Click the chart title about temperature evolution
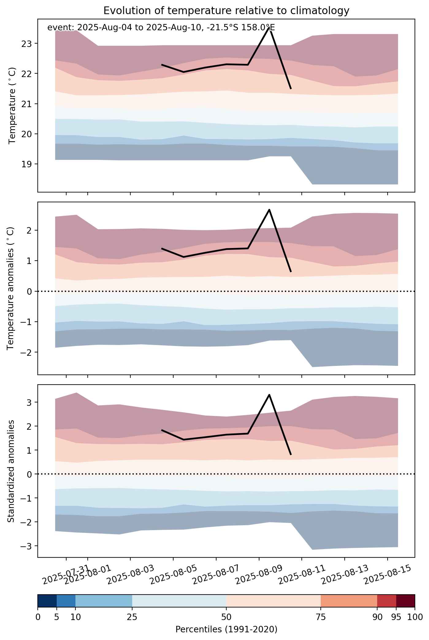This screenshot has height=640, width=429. tap(226, 11)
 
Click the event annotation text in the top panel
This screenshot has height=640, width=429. tap(161, 28)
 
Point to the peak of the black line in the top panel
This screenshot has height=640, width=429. tap(269, 28)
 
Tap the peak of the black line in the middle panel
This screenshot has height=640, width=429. tap(269, 210)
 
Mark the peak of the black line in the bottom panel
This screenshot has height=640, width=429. tap(269, 395)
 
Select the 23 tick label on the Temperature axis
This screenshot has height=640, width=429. tap(27, 44)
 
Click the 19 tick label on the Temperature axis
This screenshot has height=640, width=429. tap(27, 164)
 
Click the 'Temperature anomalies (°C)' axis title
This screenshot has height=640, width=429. tap(11, 288)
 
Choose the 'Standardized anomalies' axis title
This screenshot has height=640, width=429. tap(11, 471)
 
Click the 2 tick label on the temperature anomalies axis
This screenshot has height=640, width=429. tap(30, 231)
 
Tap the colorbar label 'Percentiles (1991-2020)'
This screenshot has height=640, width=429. tap(226, 630)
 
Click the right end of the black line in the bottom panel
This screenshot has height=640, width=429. tap(291, 454)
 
